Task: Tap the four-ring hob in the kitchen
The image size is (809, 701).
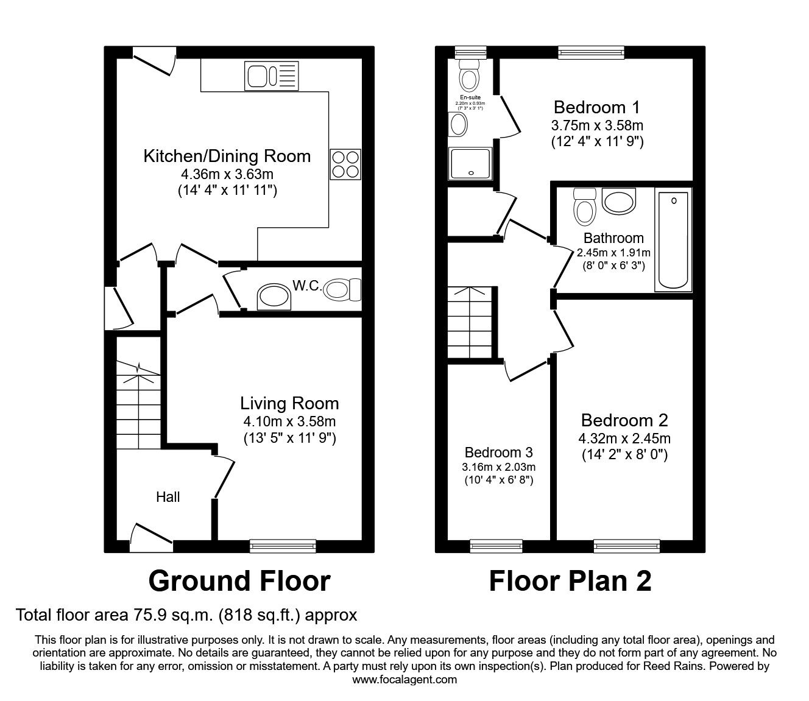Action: pyautogui.click(x=345, y=164)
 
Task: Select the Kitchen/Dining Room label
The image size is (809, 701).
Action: pyautogui.click(x=227, y=157)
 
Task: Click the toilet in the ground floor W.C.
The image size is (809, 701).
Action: pyautogui.click(x=344, y=289)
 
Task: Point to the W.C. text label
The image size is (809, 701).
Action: pyautogui.click(x=306, y=286)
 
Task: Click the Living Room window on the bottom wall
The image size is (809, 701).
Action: pyautogui.click(x=283, y=546)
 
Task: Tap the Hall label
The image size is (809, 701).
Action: pyautogui.click(x=168, y=497)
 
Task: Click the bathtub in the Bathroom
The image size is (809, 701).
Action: pyautogui.click(x=673, y=240)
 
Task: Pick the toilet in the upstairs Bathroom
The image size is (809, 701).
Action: pyautogui.click(x=584, y=207)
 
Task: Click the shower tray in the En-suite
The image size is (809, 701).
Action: pyautogui.click(x=470, y=164)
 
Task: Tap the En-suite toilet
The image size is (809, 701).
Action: pyautogui.click(x=469, y=77)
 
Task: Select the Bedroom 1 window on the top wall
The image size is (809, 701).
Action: pyautogui.click(x=592, y=53)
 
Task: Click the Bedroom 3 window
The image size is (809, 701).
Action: pyautogui.click(x=496, y=546)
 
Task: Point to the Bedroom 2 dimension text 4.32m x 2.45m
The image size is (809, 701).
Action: pyautogui.click(x=624, y=439)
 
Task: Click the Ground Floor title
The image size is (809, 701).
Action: pyautogui.click(x=239, y=581)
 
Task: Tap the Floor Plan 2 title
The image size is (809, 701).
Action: pyautogui.click(x=570, y=581)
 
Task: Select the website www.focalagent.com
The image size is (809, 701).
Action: pyautogui.click(x=404, y=680)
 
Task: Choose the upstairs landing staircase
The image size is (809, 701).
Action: pyautogui.click(x=470, y=323)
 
